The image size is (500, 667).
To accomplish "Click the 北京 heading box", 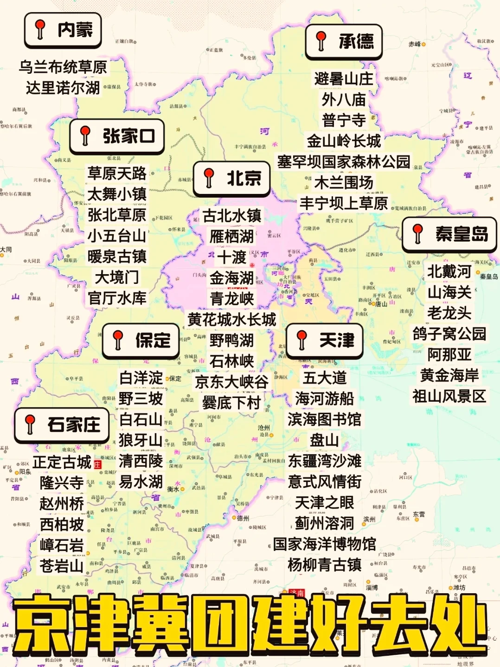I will [231, 179].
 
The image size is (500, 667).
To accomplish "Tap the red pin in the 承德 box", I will [321, 40].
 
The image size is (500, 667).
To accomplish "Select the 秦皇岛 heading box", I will [449, 234].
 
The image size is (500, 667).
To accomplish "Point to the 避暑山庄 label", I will [343, 79].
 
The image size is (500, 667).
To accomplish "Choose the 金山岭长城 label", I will [343, 141].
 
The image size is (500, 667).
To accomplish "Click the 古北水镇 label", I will [232, 216].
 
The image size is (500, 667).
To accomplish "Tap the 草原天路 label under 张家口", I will [117, 173].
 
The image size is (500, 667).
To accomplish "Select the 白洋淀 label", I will [141, 378].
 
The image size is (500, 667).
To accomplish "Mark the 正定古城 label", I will [62, 462].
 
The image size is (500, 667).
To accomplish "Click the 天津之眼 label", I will [324, 502].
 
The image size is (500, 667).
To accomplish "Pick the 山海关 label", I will [449, 292].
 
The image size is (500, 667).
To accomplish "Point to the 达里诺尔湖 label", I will [63, 87].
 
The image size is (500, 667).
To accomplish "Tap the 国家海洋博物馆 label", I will [324, 544].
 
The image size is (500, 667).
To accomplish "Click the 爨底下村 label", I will [231, 403].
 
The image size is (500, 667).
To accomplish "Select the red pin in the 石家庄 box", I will [30, 424].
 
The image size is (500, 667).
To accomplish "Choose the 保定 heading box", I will [141, 341].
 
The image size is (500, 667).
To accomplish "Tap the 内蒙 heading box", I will [63, 30].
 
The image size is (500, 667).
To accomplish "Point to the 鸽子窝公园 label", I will [449, 333].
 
